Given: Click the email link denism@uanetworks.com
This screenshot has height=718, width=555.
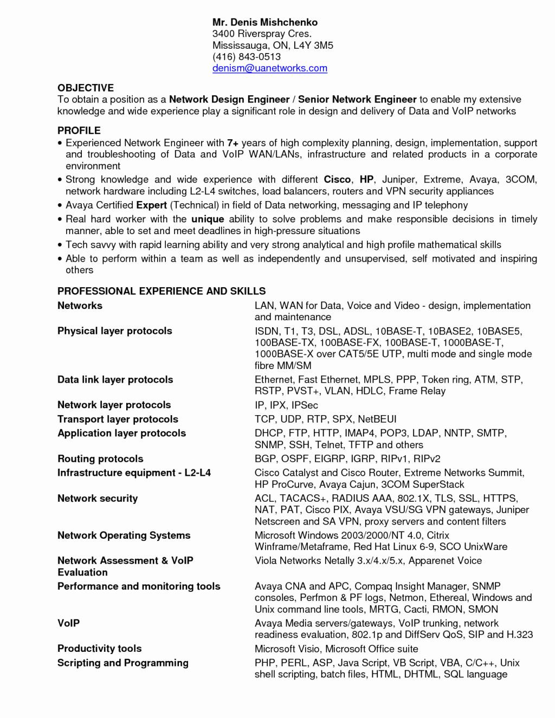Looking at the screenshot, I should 269,68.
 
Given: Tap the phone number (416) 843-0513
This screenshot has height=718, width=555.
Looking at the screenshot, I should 246,56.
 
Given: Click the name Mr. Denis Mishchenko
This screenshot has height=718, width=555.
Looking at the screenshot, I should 264,22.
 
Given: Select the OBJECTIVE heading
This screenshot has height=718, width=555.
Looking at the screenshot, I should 86,88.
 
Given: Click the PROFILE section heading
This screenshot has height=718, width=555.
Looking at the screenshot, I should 79,131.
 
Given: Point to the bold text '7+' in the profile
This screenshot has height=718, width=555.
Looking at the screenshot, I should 233,143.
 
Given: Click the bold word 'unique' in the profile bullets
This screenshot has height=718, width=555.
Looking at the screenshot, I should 208,219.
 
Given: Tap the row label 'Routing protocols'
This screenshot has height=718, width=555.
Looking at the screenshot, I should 100,458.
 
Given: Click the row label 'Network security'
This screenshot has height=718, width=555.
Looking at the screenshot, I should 98,499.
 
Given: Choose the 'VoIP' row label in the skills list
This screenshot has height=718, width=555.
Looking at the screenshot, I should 68,623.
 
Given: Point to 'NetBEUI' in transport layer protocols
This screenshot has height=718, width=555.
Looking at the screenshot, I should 377,419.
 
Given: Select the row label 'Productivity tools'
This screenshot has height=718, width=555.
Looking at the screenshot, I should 99,649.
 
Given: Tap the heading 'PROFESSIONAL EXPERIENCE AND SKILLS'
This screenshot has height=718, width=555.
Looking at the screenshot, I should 162,291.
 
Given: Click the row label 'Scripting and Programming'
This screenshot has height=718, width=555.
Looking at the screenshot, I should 122,663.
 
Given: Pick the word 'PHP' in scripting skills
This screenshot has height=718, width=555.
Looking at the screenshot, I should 264,663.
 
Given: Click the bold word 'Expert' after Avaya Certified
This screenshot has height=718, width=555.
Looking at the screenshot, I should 151,205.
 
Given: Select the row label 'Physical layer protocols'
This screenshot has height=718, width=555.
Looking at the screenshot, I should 114,331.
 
